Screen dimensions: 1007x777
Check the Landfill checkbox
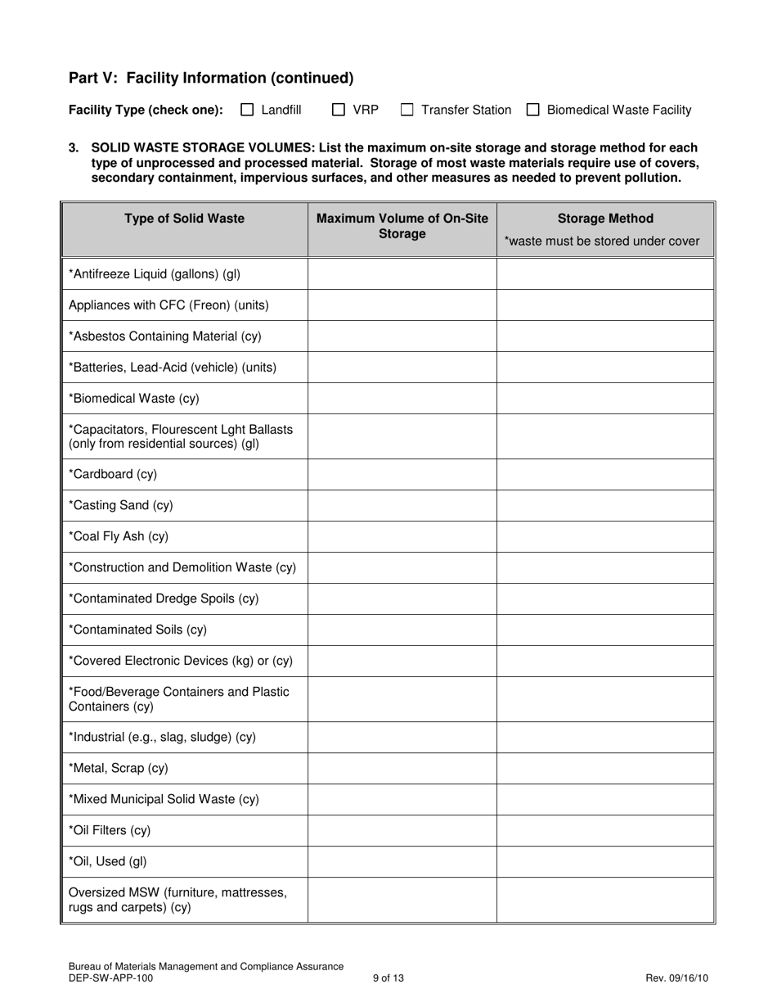pyautogui.click(x=247, y=110)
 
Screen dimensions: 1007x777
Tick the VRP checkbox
pyautogui.click(x=339, y=110)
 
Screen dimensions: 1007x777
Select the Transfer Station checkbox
pyautogui.click(x=407, y=110)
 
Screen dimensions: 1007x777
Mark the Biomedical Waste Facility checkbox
pyautogui.click(x=533, y=110)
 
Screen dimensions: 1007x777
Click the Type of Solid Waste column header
pyautogui.click(x=184, y=219)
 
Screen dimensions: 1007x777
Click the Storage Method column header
pyautogui.click(x=605, y=219)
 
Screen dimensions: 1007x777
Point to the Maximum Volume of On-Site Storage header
pyautogui.click(x=402, y=226)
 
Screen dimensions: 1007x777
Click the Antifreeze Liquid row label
pyautogui.click(x=155, y=273)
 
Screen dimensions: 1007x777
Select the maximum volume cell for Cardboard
pyautogui.click(x=402, y=474)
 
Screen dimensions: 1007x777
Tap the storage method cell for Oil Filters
pyautogui.click(x=605, y=830)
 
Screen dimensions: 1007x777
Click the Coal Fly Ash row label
pyautogui.click(x=119, y=536)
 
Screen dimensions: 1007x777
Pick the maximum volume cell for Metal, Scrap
pyautogui.click(x=402, y=768)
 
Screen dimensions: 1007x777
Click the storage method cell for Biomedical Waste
pyautogui.click(x=605, y=398)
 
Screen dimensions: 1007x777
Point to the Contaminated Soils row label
pyautogui.click(x=137, y=630)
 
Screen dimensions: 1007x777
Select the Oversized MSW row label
pyautogui.click(x=177, y=899)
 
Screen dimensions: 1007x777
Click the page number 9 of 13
pyautogui.click(x=388, y=978)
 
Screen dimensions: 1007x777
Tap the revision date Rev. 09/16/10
pyautogui.click(x=676, y=978)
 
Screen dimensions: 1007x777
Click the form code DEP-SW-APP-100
pyautogui.click(x=110, y=978)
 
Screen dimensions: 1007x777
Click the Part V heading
pyautogui.click(x=211, y=78)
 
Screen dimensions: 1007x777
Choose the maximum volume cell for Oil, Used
pyautogui.click(x=402, y=861)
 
